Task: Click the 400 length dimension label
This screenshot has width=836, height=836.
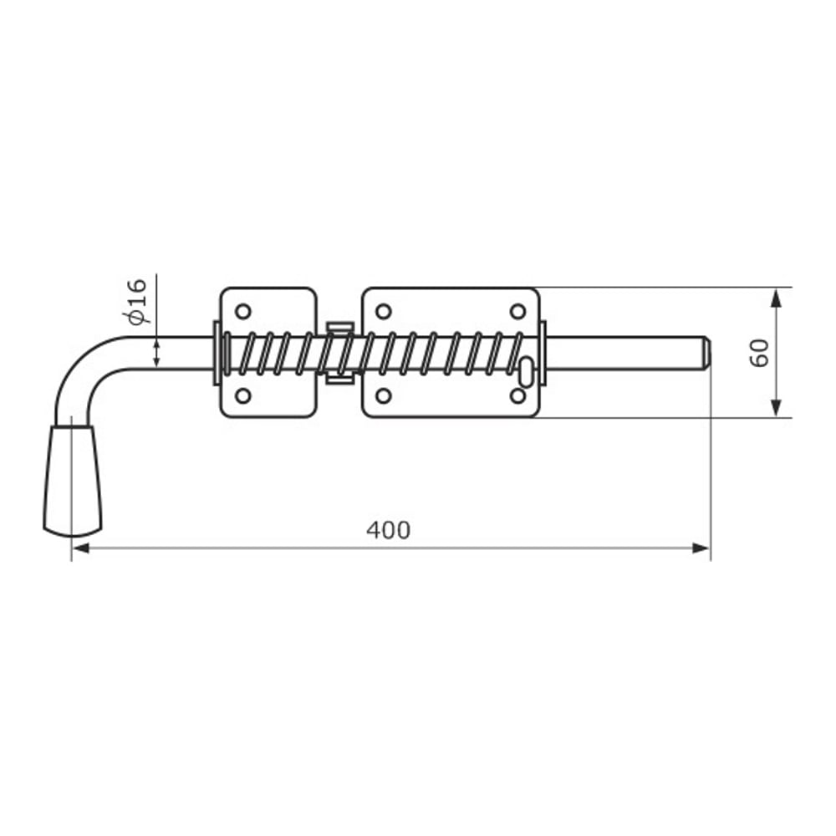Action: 388,530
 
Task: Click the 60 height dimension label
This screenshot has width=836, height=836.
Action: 759,353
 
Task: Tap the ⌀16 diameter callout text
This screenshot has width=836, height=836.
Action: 136,301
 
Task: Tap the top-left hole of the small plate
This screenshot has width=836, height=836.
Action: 243,311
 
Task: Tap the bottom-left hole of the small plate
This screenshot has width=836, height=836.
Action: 243,395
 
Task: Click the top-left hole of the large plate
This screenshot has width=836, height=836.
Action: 384,311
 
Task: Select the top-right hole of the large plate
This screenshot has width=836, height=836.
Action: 517,311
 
